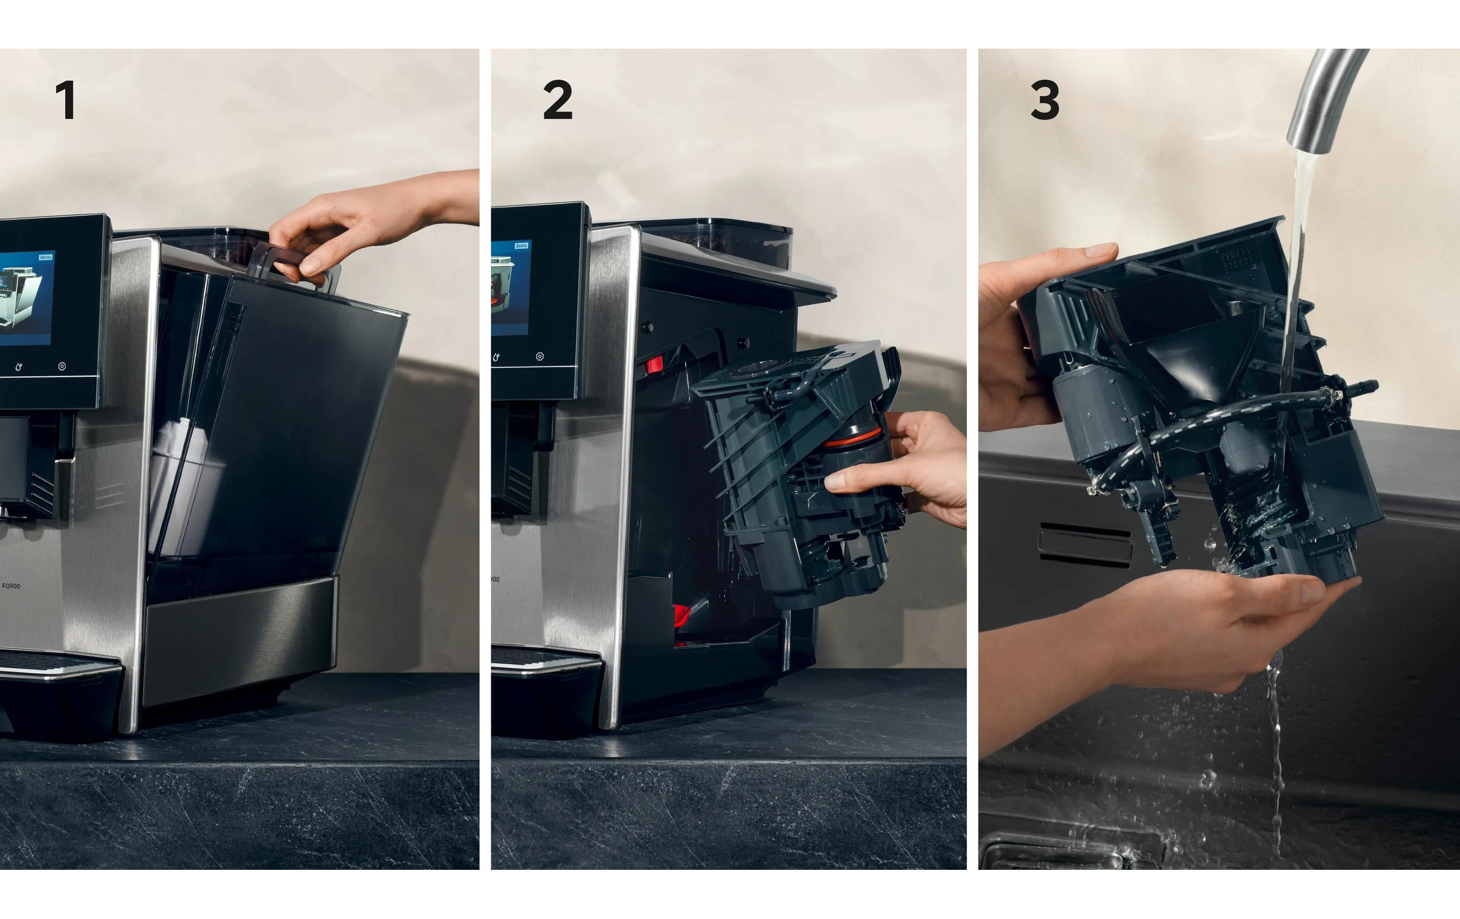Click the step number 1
[66, 100]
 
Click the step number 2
[557, 100]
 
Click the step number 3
[1045, 100]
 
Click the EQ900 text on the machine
[11, 586]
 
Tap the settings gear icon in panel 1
[62, 367]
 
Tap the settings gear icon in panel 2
[540, 357]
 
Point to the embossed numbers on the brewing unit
[1237, 261]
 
